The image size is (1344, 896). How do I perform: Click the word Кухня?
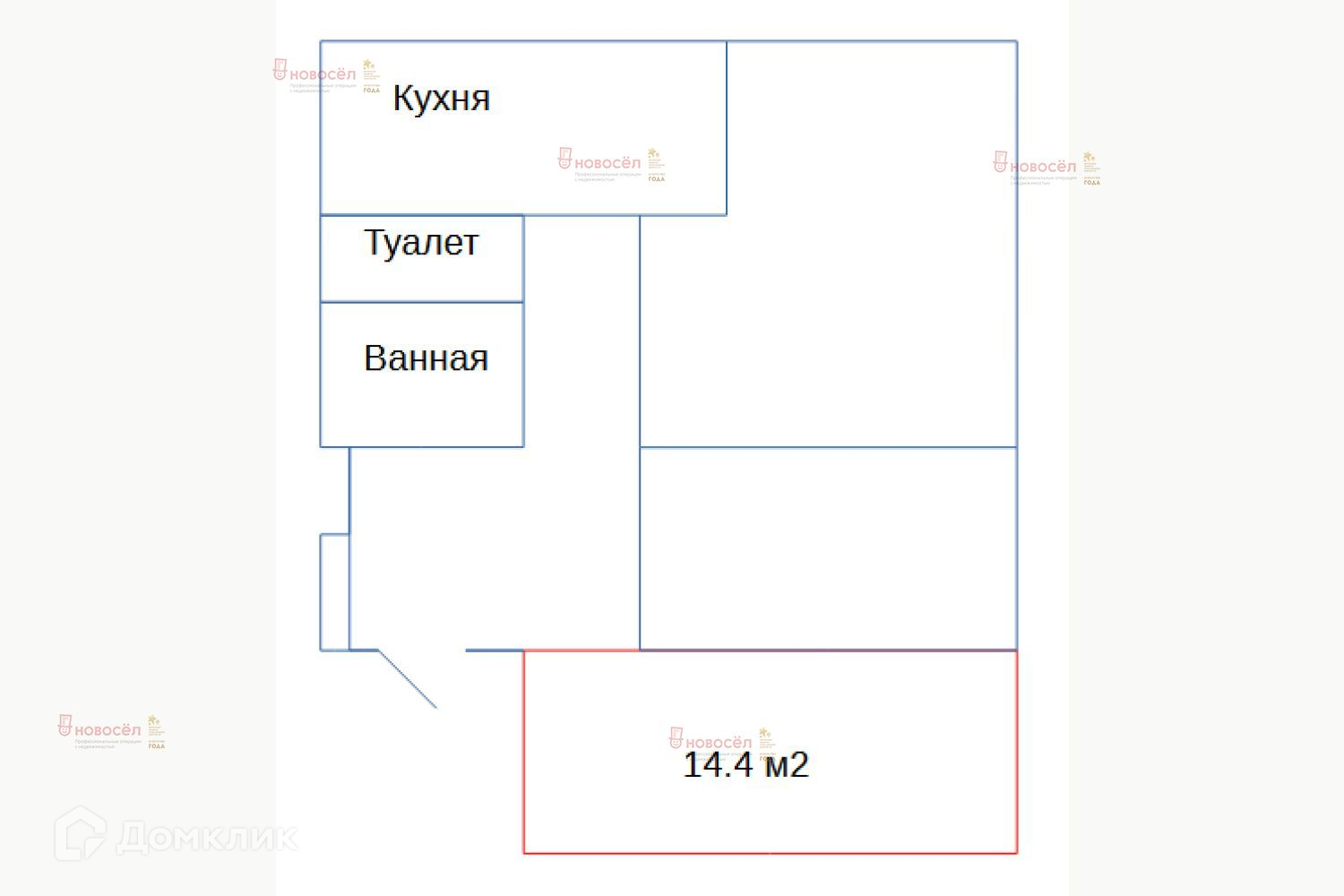coord(441,99)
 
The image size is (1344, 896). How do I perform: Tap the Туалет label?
coord(421,243)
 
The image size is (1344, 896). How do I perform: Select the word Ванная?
coord(426,358)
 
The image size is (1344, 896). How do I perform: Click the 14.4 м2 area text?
coord(745,765)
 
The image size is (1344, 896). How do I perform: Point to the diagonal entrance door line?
coord(408,679)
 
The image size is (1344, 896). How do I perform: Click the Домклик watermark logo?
coord(176,836)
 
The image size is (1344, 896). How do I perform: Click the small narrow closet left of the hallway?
coord(334,591)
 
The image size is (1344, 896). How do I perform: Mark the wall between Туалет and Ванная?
coord(421,302)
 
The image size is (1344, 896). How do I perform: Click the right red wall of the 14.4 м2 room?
coord(1016,753)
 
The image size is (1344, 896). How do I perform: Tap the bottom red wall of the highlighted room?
coord(771,852)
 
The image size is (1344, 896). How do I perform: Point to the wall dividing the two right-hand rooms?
coord(828,446)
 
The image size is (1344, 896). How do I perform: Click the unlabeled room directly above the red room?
coord(828,548)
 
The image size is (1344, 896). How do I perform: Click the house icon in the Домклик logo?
coord(80,835)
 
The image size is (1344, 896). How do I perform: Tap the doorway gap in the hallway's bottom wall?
coord(421,650)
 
